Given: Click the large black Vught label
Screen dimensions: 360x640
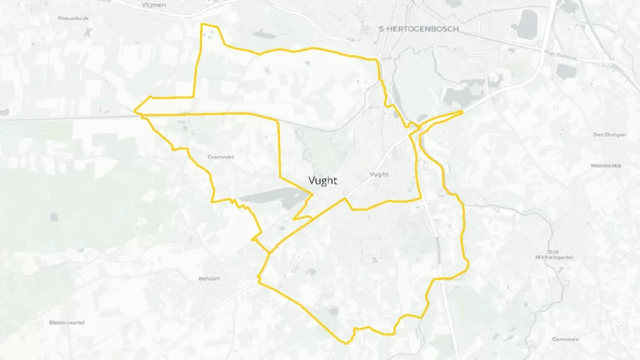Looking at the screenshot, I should pyautogui.click(x=322, y=181).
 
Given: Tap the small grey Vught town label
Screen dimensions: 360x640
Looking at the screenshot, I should pyautogui.click(x=379, y=174).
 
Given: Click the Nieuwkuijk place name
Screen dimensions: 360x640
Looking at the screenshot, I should pyautogui.click(x=74, y=18).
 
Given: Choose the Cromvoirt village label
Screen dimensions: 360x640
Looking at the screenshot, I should pyautogui.click(x=220, y=157).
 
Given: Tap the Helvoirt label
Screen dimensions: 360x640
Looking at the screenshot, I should pyautogui.click(x=210, y=279).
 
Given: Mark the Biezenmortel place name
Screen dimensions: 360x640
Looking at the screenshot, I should pyautogui.click(x=67, y=322).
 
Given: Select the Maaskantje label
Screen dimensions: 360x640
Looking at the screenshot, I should pyautogui.click(x=605, y=166).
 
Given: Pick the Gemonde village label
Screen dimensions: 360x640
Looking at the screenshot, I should pyautogui.click(x=565, y=339).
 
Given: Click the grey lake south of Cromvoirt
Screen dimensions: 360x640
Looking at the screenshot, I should pyautogui.click(x=275, y=197).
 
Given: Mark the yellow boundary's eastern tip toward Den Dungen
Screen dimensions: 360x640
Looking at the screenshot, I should pyautogui.click(x=463, y=111).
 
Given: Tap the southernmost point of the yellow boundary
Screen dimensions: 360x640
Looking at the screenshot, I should pyautogui.click(x=347, y=342).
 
